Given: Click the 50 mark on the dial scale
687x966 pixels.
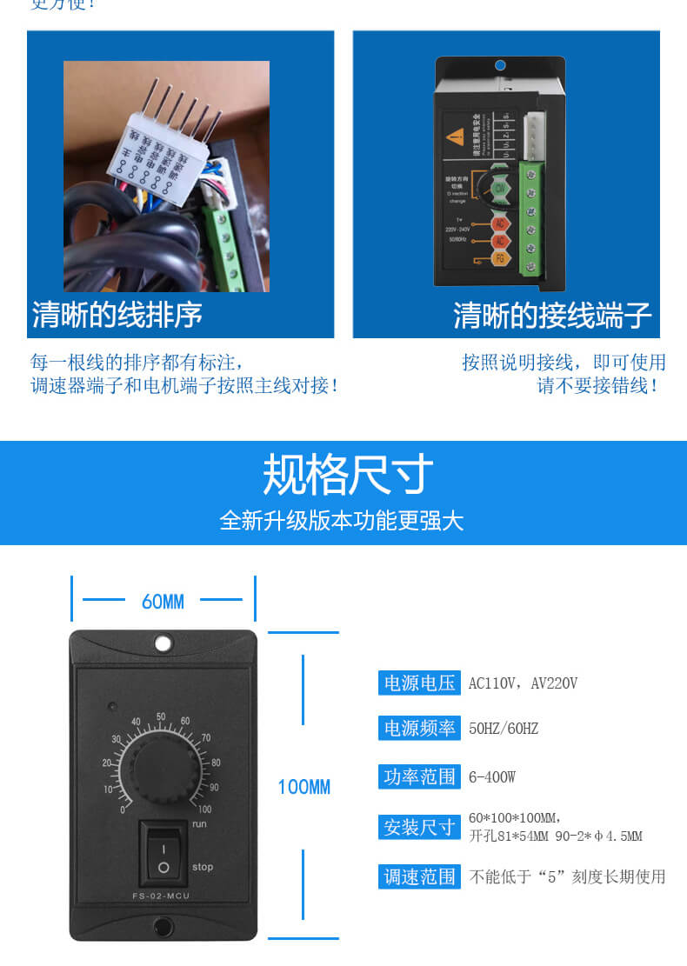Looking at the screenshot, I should click(x=161, y=716).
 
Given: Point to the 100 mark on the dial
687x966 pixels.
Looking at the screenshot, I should click(x=204, y=809).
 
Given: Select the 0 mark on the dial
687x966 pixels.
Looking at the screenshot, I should click(x=123, y=809).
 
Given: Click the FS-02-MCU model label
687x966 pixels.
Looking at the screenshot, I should click(x=163, y=896).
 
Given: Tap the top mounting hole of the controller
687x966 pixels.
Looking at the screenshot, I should click(x=163, y=643).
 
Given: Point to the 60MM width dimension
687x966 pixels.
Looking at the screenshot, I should click(x=163, y=601).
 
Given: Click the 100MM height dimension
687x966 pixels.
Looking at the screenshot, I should click(x=303, y=788).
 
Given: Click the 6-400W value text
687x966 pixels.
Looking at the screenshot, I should click(x=492, y=776).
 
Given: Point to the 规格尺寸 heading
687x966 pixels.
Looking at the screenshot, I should click(x=347, y=475).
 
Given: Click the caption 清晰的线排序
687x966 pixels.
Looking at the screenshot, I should click(x=117, y=315).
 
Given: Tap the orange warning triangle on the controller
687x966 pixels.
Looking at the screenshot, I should click(x=455, y=136).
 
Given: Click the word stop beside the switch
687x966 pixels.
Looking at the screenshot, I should click(x=202, y=867).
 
